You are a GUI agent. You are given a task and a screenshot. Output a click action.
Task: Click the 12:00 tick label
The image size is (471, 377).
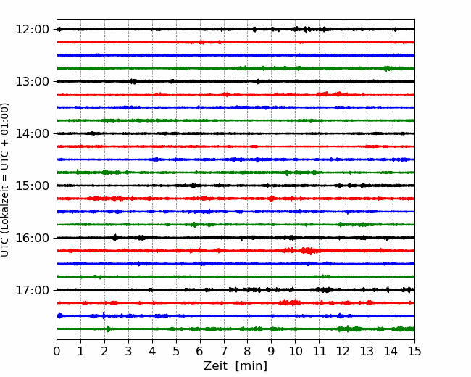[x=32, y=30]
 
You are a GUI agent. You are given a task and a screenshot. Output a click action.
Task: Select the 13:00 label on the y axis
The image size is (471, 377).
[x=32, y=81]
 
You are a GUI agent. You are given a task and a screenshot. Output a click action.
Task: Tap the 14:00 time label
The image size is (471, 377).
[x=32, y=133]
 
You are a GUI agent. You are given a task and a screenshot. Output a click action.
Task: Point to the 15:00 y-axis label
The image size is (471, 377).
[x=32, y=186]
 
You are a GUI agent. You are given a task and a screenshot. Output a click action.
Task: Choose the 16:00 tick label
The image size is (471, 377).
[x=32, y=238]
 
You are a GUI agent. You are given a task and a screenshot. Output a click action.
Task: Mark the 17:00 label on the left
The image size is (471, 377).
[x=32, y=290]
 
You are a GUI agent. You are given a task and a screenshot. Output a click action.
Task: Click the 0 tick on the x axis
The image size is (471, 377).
[x=57, y=351]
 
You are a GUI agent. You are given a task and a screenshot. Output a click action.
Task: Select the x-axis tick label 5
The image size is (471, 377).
[x=176, y=351]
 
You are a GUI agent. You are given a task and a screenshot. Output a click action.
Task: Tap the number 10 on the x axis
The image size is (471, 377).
[x=295, y=351]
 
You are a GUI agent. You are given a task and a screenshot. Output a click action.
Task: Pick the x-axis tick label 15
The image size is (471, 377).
[x=414, y=351]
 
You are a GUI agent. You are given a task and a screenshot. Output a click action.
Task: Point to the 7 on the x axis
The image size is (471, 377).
[x=224, y=351]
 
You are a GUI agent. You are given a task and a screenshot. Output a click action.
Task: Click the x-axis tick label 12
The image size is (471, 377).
[x=343, y=351]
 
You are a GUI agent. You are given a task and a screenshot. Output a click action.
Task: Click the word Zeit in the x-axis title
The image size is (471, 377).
[x=215, y=365]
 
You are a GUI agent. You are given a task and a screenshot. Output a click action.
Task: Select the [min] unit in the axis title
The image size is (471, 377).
[x=251, y=366]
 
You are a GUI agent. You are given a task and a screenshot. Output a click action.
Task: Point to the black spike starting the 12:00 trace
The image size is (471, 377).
[x=59, y=29]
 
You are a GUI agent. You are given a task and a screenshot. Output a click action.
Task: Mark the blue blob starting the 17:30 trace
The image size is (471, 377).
[x=59, y=315]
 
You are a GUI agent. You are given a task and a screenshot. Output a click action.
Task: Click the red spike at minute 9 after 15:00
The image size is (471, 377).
[x=272, y=199]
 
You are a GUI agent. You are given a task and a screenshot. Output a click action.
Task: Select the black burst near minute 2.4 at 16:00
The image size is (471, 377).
[x=114, y=238]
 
